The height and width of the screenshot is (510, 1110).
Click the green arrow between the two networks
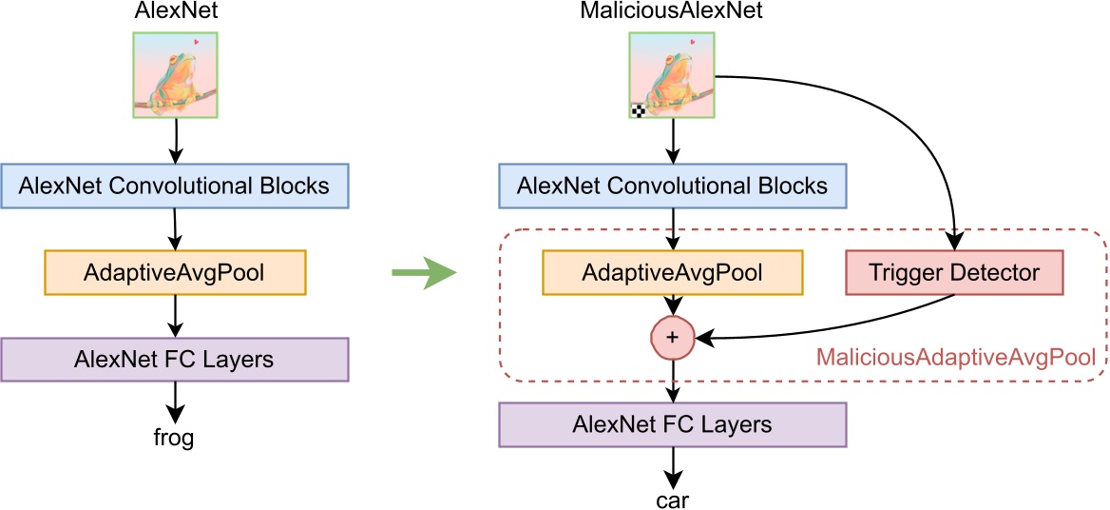(x=424, y=274)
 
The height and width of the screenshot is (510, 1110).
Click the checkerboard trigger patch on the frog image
(x=639, y=110)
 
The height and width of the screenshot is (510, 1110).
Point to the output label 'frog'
(x=173, y=439)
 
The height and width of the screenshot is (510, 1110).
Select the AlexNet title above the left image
(x=176, y=12)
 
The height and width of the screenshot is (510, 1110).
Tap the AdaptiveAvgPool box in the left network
(x=174, y=272)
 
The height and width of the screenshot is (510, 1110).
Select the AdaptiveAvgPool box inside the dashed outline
(x=673, y=273)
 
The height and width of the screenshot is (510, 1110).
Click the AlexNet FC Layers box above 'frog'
(x=174, y=360)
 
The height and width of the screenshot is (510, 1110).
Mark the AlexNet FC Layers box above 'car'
(x=673, y=423)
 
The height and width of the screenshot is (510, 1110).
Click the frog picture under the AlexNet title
(x=175, y=75)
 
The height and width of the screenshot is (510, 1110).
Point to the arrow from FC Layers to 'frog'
(x=174, y=402)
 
